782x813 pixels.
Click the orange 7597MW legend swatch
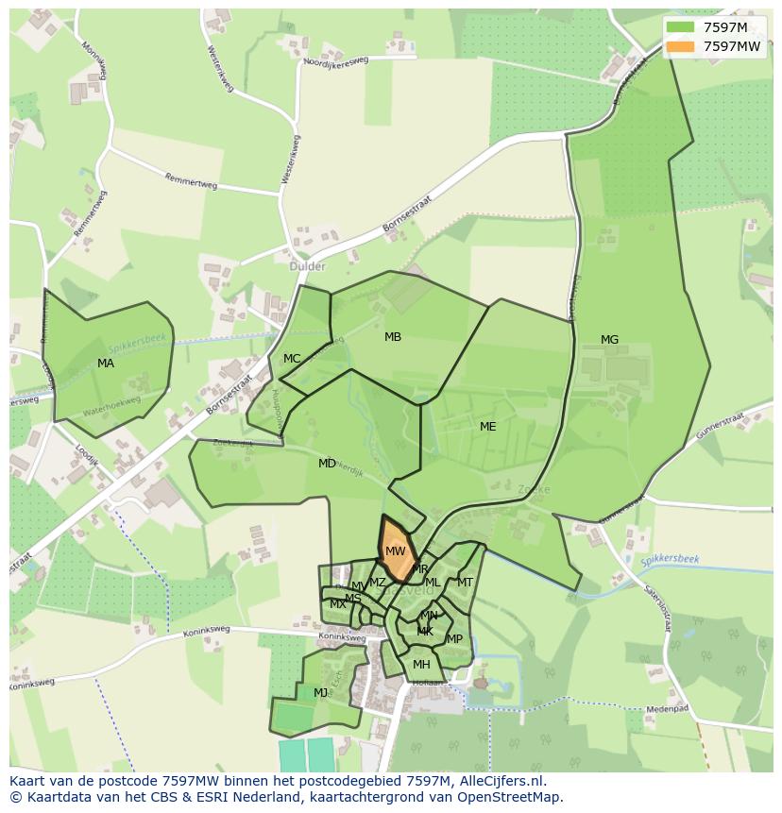click(678, 46)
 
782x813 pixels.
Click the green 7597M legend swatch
click(678, 27)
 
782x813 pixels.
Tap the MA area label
click(106, 364)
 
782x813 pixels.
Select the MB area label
click(393, 337)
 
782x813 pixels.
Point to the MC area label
click(292, 359)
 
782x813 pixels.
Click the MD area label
click(327, 464)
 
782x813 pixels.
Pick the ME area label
click(487, 427)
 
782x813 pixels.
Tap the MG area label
click(609, 340)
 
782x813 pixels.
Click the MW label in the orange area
click(395, 551)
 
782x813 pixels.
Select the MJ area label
click(321, 693)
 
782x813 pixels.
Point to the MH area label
click(421, 665)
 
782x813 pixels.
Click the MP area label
click(454, 639)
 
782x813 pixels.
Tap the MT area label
click(465, 583)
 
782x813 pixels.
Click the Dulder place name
click(307, 266)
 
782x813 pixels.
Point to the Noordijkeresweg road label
click(336, 60)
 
